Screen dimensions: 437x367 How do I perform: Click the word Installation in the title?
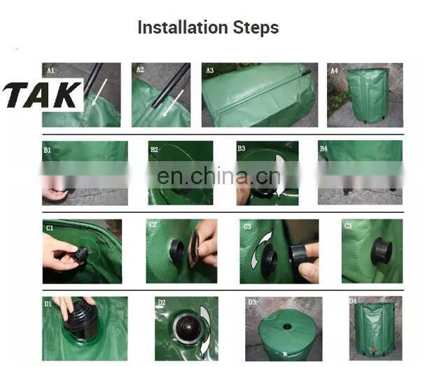pos(183,28)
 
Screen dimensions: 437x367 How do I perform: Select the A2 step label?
pos(140,70)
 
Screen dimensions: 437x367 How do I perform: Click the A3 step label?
pos(210,70)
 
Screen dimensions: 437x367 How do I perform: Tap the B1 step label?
pos(47,150)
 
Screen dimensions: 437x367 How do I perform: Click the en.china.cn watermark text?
pos(218,176)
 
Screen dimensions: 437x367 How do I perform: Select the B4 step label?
pos(324,148)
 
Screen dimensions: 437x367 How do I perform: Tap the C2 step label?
pos(153,225)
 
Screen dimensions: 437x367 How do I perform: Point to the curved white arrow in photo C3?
pos(261,249)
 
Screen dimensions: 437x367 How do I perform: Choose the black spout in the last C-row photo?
pos(381,251)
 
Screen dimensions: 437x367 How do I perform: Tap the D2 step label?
pos(162,303)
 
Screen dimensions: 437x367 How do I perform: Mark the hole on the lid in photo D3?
pos(287,326)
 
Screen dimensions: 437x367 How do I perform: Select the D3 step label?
pos(252,303)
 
